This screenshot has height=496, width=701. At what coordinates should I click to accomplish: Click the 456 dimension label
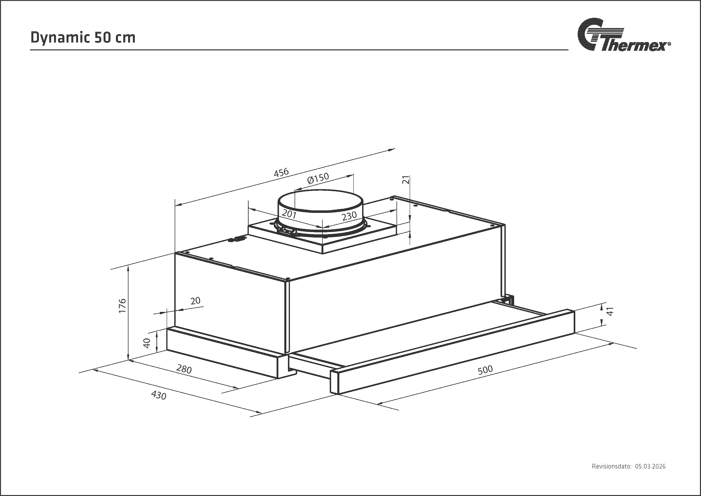coord(281,173)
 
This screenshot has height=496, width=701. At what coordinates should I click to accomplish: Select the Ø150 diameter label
coord(318,178)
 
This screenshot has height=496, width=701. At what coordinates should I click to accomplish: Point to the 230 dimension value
coord(349,216)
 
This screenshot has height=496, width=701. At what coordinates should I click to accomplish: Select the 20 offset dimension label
coord(195,301)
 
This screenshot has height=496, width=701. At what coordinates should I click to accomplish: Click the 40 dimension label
coord(147,343)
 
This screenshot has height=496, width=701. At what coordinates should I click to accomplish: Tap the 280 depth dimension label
coord(184,369)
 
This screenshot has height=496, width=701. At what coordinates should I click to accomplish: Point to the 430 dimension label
coord(159,395)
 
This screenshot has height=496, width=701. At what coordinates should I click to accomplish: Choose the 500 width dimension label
coord(485,370)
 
